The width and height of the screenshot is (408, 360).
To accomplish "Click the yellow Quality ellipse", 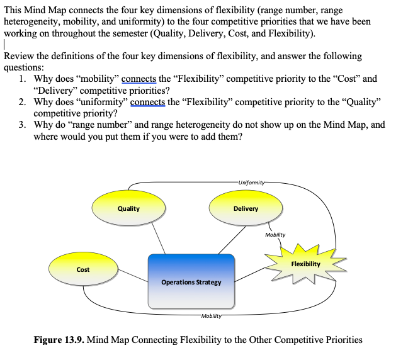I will point(128,209).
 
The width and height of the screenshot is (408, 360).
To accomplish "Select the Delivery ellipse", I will point(246,209).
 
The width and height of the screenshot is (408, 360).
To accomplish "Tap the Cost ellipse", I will point(82,269).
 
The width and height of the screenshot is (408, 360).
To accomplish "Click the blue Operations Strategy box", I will point(191,281).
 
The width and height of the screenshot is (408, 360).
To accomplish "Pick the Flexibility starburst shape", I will point(305,264).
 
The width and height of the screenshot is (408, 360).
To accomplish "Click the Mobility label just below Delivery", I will point(275,235).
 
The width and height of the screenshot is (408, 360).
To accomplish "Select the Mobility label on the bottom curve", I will point(212,314).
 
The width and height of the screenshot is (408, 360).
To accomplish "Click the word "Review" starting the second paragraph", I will point(19,56).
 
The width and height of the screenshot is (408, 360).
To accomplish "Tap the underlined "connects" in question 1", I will point(143,79).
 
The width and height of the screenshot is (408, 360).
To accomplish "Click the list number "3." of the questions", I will point(23,125).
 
